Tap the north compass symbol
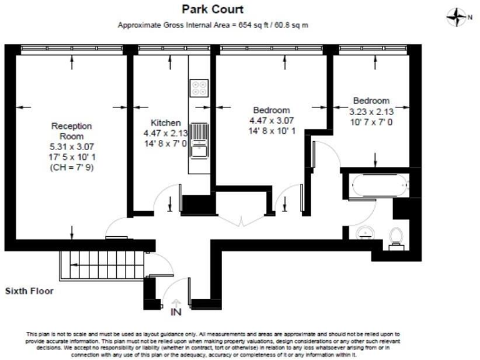pyautogui.click(x=456, y=17)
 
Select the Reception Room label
pyautogui.click(x=71, y=131)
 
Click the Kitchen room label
pyautogui.click(x=166, y=122)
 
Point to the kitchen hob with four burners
pyautogui.click(x=200, y=89)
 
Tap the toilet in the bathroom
pyautogui.click(x=394, y=237)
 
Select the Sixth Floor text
pyautogui.click(x=29, y=291)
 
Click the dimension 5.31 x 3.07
pyautogui.click(x=71, y=148)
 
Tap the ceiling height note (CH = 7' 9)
pyautogui.click(x=71, y=168)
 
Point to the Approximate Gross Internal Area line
pyautogui.click(x=213, y=26)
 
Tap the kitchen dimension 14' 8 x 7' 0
pyautogui.click(x=166, y=143)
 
